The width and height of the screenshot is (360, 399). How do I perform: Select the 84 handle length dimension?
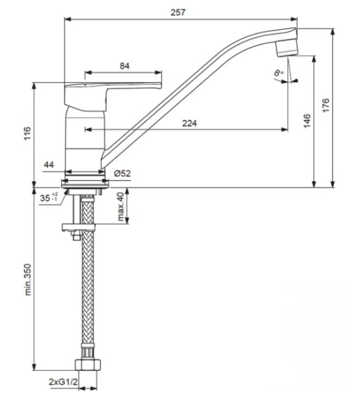124,66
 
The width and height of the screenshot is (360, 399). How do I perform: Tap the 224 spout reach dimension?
189,123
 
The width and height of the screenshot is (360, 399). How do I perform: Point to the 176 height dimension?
325,105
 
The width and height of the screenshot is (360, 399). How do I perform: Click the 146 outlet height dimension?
307,121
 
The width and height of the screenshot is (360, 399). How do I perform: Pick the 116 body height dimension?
27,133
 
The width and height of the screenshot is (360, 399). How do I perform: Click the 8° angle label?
279,73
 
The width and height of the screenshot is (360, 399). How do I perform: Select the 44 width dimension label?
49,165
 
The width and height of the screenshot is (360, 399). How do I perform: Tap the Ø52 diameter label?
123,173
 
